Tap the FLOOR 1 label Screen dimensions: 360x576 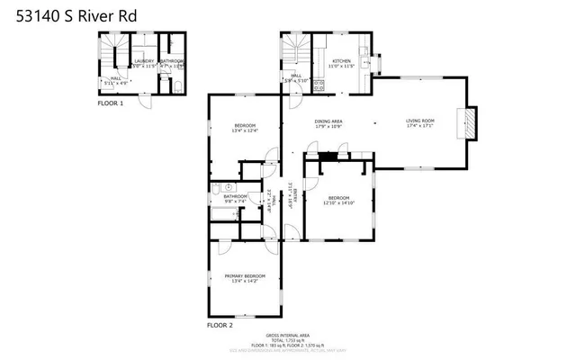pos(111,103)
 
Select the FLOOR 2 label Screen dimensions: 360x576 pos(220,324)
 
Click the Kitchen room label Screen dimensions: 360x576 pos(340,61)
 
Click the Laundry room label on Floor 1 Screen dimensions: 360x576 pos(144,61)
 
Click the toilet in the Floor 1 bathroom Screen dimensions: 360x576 pos(177,85)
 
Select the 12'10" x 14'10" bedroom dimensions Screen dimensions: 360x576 pos(339,203)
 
